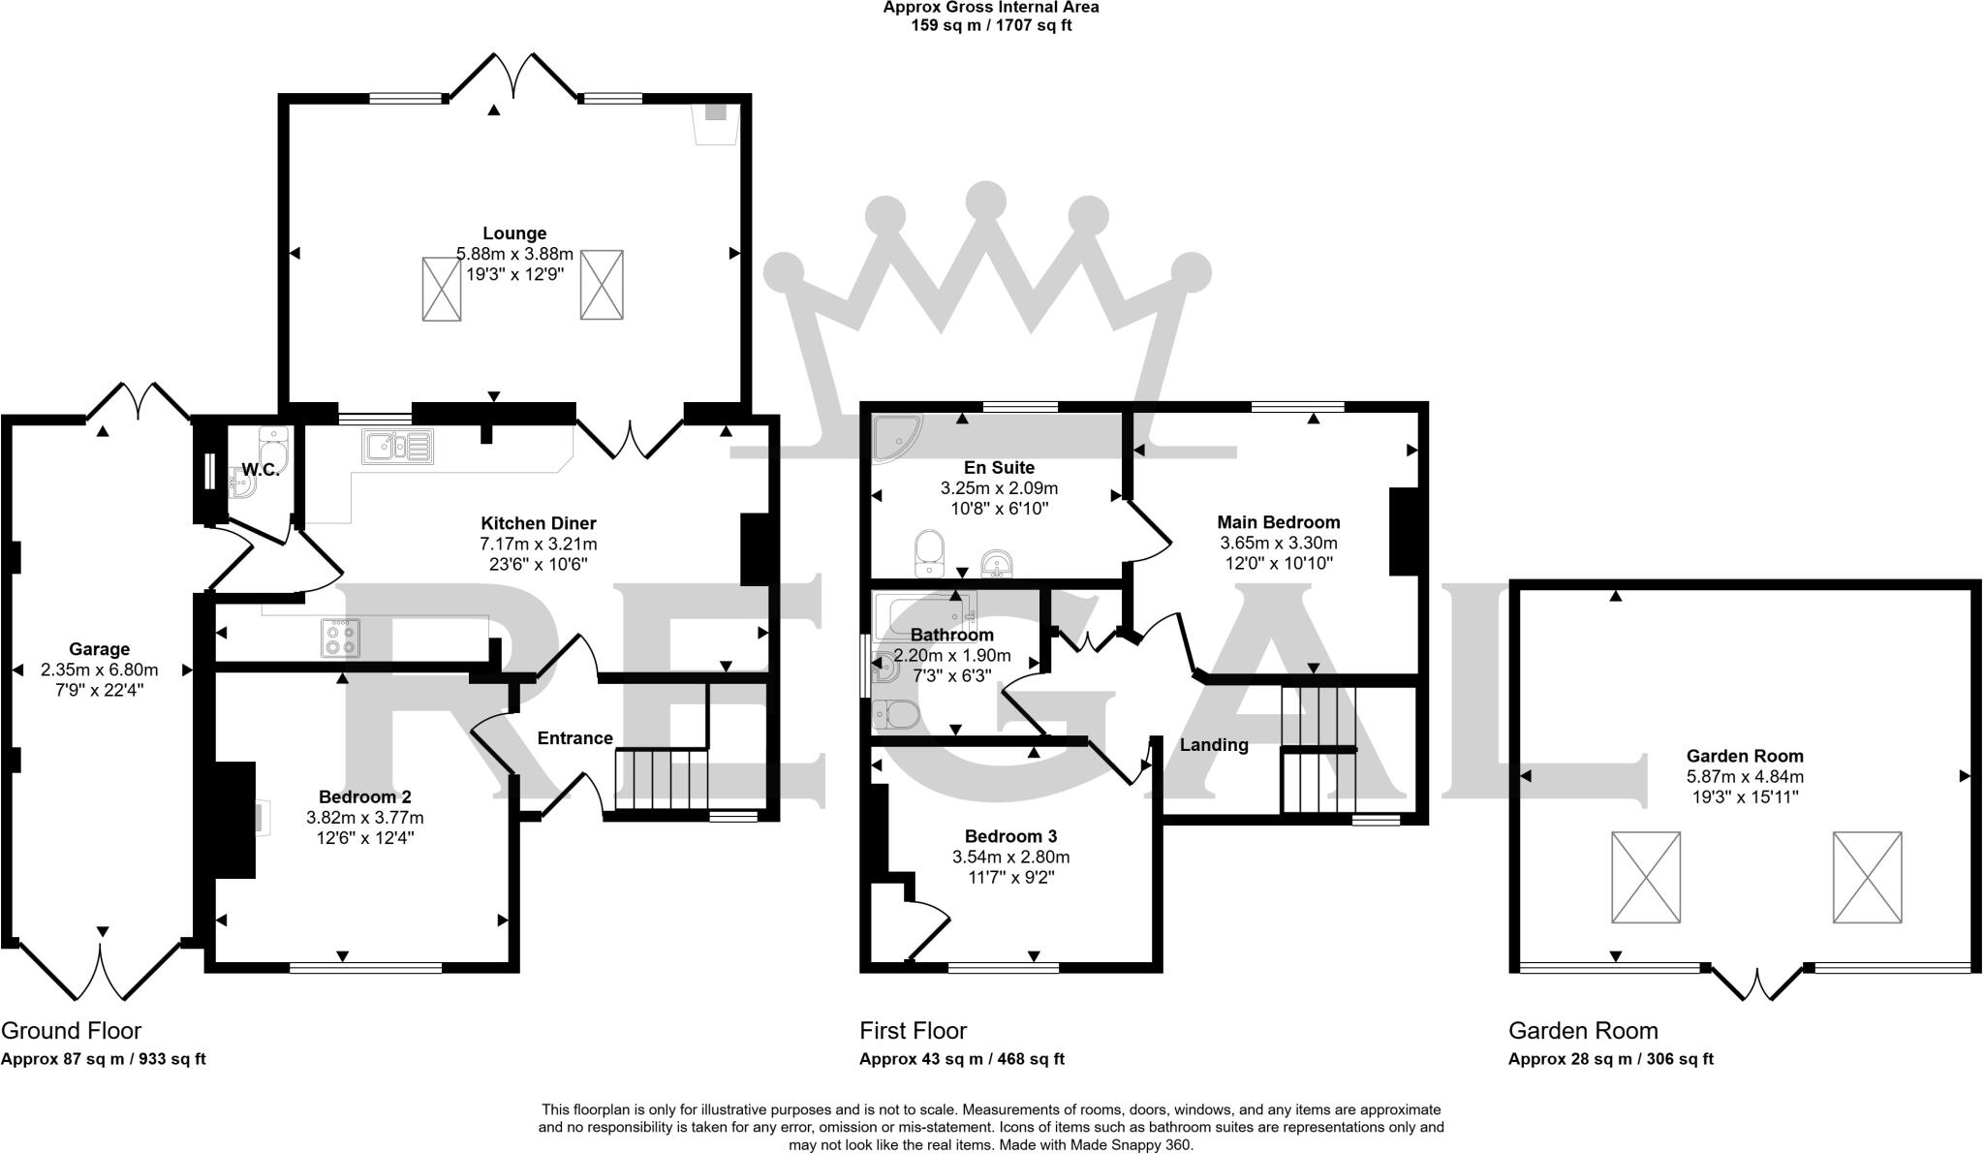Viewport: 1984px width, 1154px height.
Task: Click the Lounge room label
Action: click(x=514, y=234)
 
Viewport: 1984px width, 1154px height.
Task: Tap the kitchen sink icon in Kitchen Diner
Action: click(x=397, y=447)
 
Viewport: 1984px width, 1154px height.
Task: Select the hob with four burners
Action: click(x=340, y=638)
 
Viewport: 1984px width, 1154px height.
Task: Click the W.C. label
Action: click(x=260, y=470)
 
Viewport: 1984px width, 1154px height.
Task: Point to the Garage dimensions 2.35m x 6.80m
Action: click(x=99, y=670)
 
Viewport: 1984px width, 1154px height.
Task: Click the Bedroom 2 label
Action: click(x=364, y=797)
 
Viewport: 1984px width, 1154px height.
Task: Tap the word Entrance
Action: click(x=574, y=738)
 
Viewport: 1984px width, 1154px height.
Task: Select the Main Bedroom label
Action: click(x=1278, y=522)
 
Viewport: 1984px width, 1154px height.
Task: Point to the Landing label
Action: click(x=1213, y=745)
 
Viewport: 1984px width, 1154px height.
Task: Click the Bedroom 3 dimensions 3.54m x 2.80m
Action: click(x=1010, y=858)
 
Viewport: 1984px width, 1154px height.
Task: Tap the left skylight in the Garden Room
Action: click(x=1645, y=877)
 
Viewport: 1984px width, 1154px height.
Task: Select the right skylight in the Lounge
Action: click(x=601, y=284)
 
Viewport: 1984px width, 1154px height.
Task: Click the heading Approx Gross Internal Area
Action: click(x=990, y=8)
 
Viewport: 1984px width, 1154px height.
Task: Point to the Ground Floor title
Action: click(x=71, y=1031)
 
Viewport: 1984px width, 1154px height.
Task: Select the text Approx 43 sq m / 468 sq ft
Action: click(x=961, y=1060)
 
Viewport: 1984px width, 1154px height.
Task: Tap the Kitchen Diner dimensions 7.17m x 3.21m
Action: click(x=538, y=544)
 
